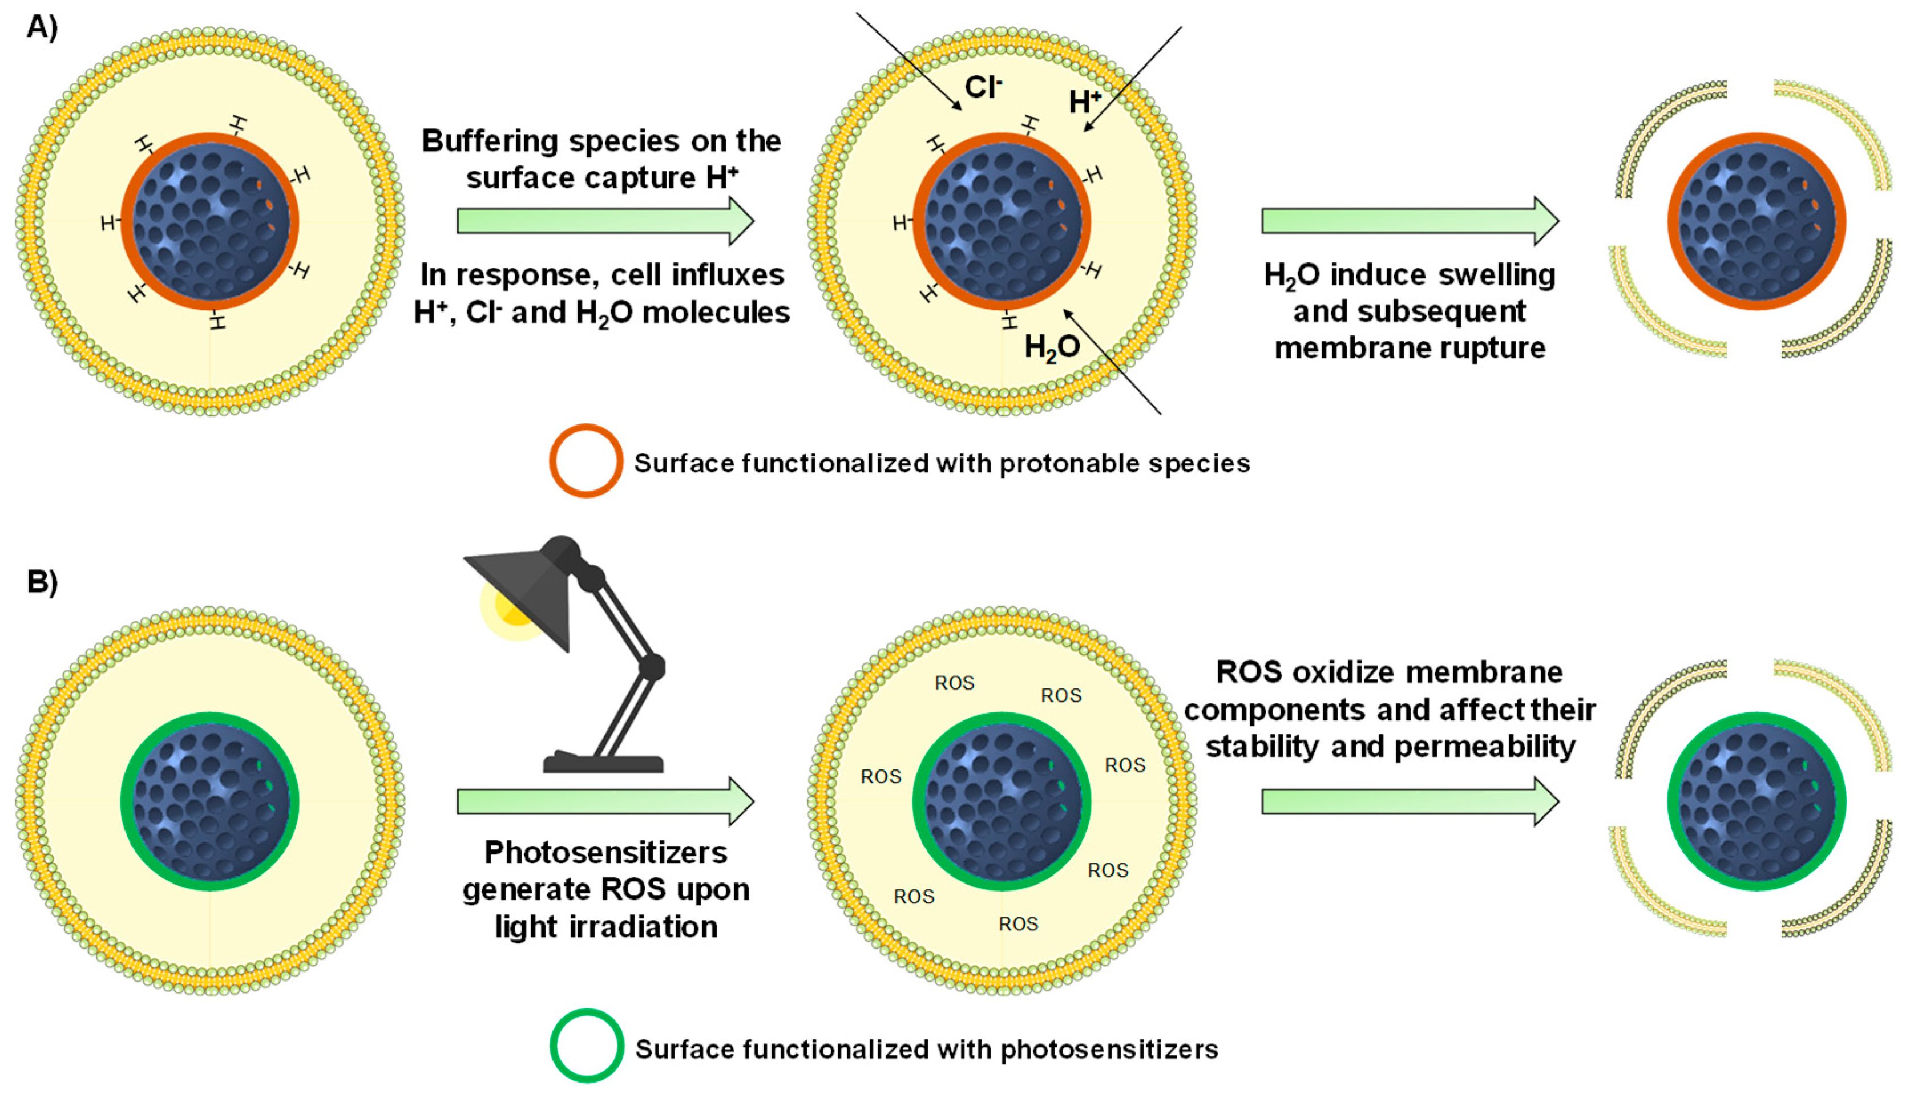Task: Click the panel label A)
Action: pos(42,27)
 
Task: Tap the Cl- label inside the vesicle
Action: pos(983,87)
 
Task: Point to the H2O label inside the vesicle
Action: pos(1052,347)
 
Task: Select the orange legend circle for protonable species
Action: pos(585,461)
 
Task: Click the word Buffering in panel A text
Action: pos(484,141)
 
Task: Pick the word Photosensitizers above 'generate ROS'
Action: pos(605,852)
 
